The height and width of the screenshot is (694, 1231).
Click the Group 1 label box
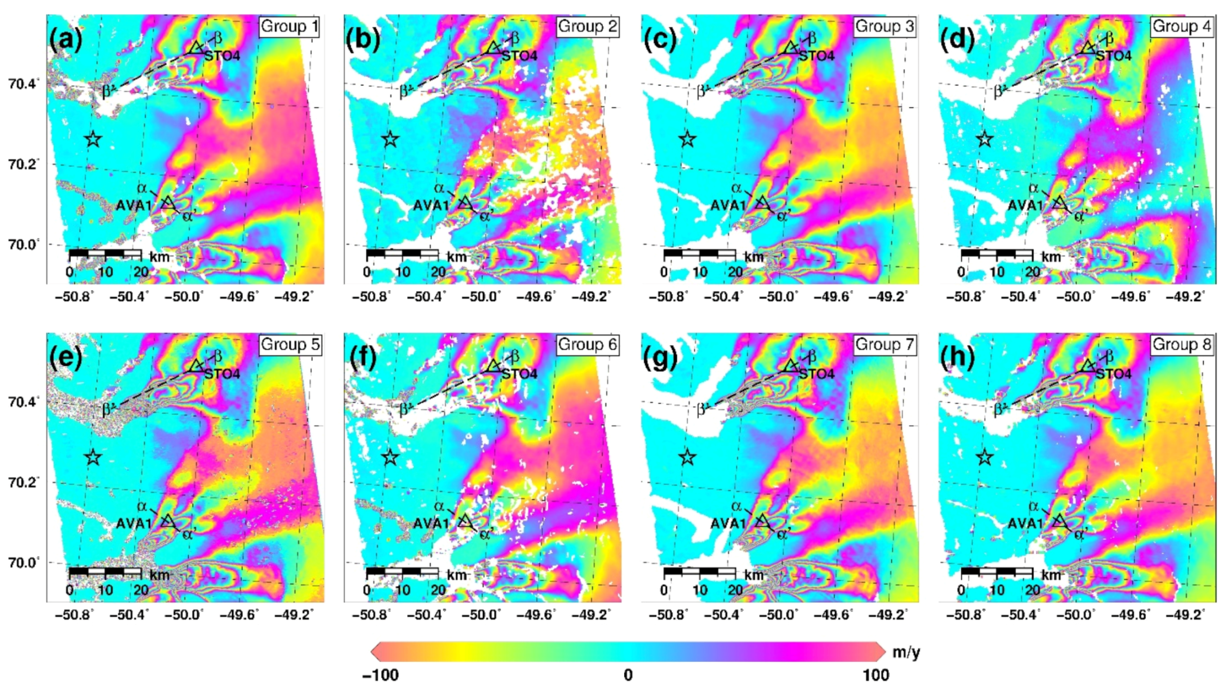click(289, 27)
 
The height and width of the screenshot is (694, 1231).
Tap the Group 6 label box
click(587, 345)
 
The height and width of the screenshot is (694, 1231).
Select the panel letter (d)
click(957, 39)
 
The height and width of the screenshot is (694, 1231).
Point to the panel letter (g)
click(660, 358)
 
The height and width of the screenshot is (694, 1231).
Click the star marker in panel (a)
click(92, 140)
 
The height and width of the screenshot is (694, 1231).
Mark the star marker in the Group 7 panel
click(687, 458)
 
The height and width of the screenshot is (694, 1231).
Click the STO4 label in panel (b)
click(519, 56)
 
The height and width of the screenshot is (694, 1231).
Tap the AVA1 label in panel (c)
click(728, 206)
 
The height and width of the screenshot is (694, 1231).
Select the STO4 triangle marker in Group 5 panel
click(196, 365)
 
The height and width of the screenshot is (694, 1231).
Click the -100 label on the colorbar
click(380, 675)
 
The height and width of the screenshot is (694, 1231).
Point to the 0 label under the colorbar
click(628, 675)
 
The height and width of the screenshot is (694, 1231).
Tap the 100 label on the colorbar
click(876, 675)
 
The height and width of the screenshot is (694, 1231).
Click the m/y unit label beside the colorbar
click(906, 652)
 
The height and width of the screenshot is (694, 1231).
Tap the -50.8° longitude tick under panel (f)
click(371, 615)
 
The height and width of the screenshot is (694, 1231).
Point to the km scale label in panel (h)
click(1052, 575)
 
